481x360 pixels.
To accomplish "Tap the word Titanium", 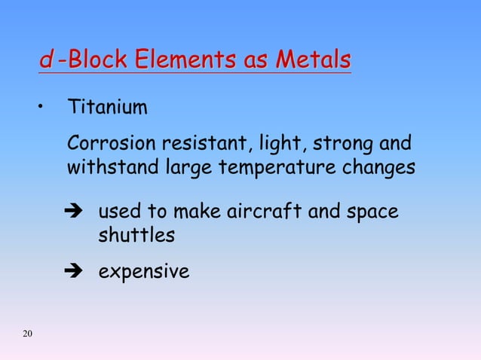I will tap(108, 108).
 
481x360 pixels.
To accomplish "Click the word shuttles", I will tap(136, 236).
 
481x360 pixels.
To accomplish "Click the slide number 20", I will tap(28, 334).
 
